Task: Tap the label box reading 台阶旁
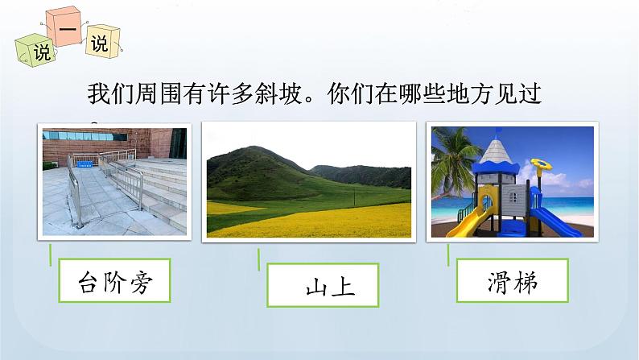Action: coord(117,282)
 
